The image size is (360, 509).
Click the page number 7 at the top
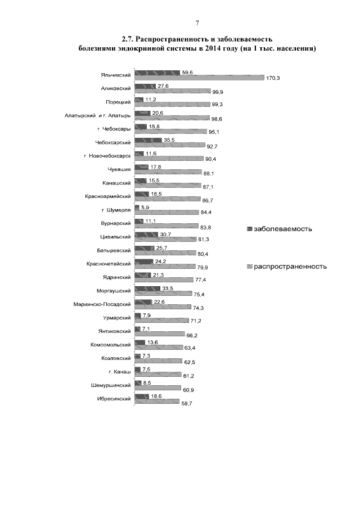pos(197,23)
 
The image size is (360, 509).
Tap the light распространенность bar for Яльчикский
pos(200,78)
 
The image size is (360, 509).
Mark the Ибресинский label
pos(117,398)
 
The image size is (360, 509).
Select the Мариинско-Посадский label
pos(102,304)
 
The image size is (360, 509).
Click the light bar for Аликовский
pos(172,91)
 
